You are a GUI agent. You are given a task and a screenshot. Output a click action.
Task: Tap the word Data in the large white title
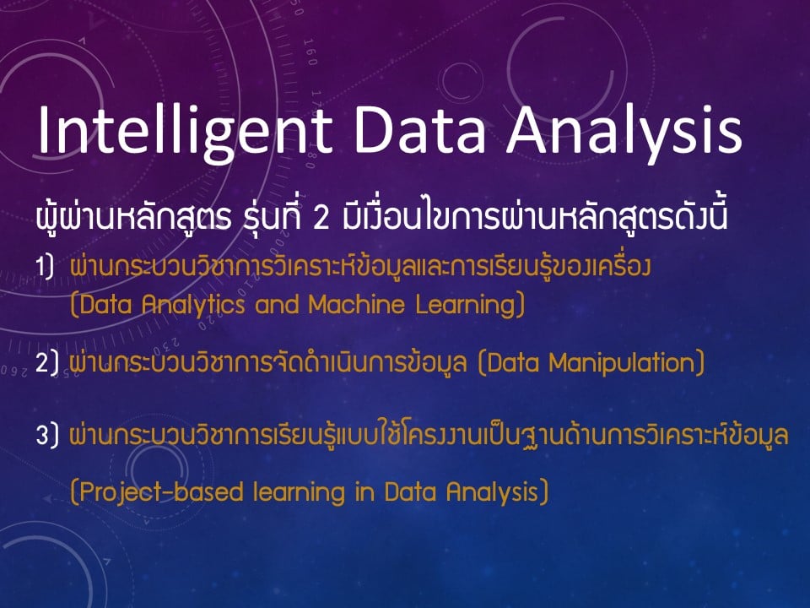pyautogui.click(x=419, y=129)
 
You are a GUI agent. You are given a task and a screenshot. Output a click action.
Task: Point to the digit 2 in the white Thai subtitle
pyautogui.click(x=321, y=218)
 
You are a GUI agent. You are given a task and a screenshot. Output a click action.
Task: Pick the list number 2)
pyautogui.click(x=46, y=362)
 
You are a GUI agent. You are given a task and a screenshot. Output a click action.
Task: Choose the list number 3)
pyautogui.click(x=47, y=435)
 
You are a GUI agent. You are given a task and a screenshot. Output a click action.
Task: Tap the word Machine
pyautogui.click(x=357, y=304)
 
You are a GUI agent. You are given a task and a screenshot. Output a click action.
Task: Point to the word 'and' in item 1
pyautogui.click(x=278, y=304)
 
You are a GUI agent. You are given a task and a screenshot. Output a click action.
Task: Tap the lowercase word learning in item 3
pyautogui.click(x=299, y=492)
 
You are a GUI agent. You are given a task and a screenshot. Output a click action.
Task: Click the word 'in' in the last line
pyautogui.click(x=364, y=491)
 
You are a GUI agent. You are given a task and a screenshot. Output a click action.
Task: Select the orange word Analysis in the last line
pyautogui.click(x=498, y=492)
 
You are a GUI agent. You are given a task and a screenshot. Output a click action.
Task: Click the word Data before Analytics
pyautogui.click(x=101, y=305)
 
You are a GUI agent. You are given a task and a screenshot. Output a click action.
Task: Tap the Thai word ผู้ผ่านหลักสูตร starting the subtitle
pyautogui.click(x=134, y=217)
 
